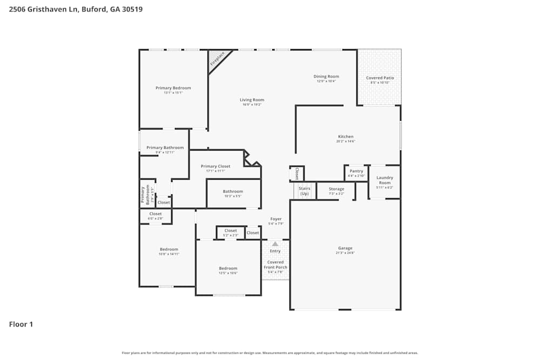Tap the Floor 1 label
(x=21, y=324)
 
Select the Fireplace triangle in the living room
(x=218, y=58)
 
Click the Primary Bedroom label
(x=173, y=88)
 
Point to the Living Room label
(x=252, y=100)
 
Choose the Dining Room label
(x=326, y=77)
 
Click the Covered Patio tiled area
(x=380, y=78)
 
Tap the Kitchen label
(x=346, y=137)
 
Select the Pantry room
(x=356, y=173)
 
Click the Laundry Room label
(x=384, y=180)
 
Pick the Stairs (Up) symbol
(x=305, y=191)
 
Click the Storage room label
(x=336, y=189)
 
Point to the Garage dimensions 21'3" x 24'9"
(x=345, y=253)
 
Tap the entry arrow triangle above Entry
(x=275, y=244)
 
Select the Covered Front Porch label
(x=275, y=264)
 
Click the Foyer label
(x=275, y=219)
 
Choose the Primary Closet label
(x=215, y=166)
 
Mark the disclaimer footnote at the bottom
(x=270, y=353)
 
